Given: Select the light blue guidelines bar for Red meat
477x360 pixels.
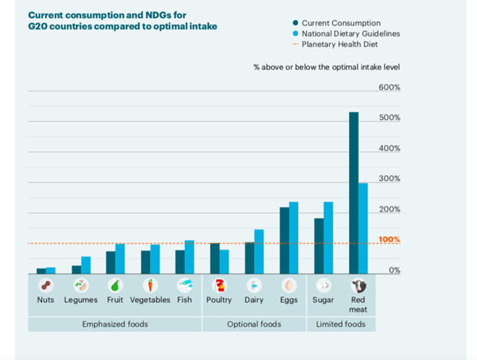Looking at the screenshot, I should [x=363, y=228].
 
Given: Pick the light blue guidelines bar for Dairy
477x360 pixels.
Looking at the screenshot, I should [x=259, y=251].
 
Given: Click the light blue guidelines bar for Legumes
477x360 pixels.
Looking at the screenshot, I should [x=86, y=265].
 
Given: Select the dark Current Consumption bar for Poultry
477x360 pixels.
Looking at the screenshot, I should [x=215, y=259].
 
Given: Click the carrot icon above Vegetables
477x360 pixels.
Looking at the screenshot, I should [x=150, y=285].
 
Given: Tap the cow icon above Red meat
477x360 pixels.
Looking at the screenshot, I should [x=359, y=285].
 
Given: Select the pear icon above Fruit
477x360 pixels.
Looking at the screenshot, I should [x=115, y=285].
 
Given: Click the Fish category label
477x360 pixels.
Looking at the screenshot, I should [x=185, y=300].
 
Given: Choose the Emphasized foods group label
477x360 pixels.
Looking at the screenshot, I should [x=115, y=324].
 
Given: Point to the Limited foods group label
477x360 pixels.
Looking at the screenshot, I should [x=341, y=324].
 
